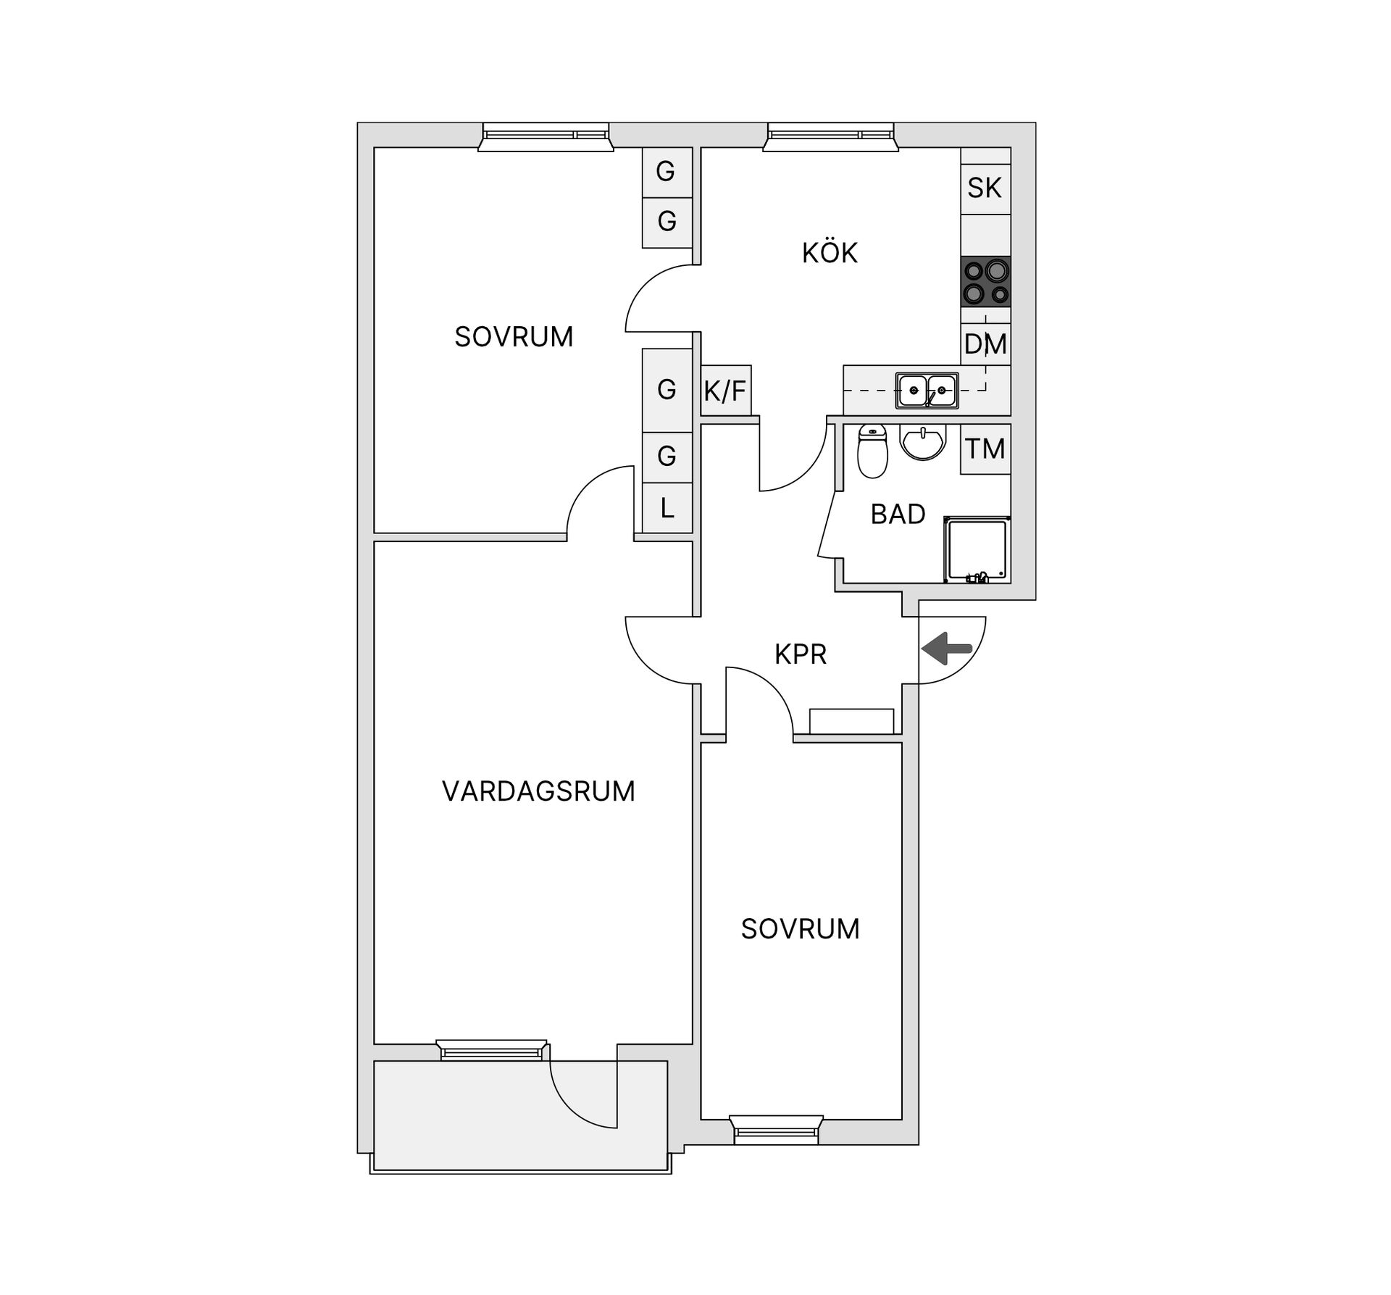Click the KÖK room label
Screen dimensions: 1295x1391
pos(830,253)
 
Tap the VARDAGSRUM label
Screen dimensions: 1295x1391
pos(538,791)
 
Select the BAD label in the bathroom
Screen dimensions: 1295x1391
pos(898,514)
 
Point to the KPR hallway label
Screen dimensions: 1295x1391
pos(801,654)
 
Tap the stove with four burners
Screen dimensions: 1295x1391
pos(985,281)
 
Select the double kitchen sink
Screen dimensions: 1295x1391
pos(927,391)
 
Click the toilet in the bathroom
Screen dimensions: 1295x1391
pos(872,452)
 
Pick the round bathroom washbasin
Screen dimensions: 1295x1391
pos(922,441)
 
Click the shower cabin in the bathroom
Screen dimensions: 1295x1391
pos(977,549)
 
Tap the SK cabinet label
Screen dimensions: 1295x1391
pos(985,188)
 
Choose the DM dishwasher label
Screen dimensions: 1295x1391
pos(985,344)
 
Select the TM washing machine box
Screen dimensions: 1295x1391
pos(985,449)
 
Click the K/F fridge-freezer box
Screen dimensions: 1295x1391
pos(725,391)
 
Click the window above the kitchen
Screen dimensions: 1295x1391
pos(830,136)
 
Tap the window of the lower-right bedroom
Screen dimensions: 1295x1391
pos(776,1130)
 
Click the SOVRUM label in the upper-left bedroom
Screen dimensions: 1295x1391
pos(514,337)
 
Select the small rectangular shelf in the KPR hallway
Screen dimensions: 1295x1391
pos(851,720)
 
